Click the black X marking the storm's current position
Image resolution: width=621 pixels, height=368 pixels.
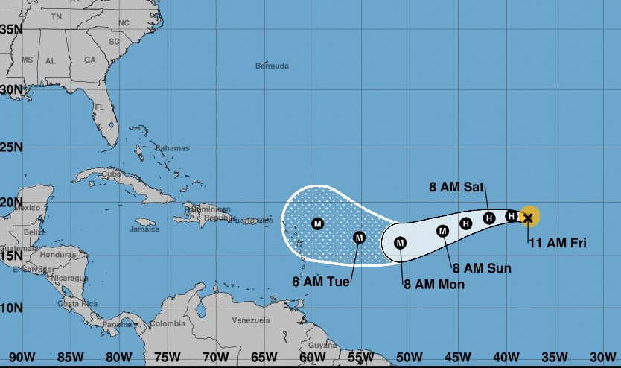pos(528,218)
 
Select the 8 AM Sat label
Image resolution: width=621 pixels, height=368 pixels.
pos(457,186)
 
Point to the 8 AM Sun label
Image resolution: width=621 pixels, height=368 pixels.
pos(482,267)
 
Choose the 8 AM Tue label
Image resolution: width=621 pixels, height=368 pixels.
pos(321,281)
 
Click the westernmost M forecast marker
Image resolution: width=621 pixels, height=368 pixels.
pos(318,223)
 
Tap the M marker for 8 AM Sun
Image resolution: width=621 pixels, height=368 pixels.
pos(442,231)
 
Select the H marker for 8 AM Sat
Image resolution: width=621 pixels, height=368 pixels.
pos(488,218)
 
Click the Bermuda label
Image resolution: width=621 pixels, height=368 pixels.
pos(272,66)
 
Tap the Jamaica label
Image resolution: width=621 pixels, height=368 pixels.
pos(144,229)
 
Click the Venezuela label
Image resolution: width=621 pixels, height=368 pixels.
pos(250,320)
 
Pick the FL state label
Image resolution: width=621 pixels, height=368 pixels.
pos(99,107)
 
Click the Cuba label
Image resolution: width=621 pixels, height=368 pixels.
pos(110,174)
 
